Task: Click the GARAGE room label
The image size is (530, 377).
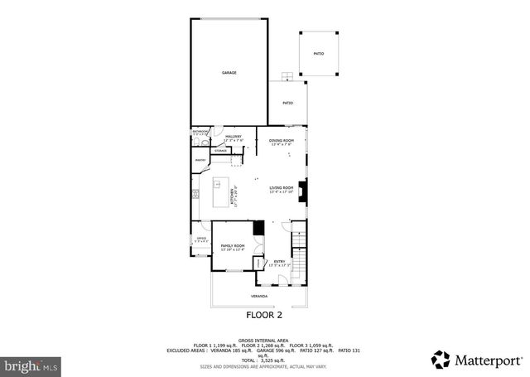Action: tap(229, 73)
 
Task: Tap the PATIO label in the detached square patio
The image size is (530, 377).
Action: tap(319, 54)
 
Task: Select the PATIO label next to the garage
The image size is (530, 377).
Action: tap(287, 104)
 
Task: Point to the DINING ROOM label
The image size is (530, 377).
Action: tap(282, 142)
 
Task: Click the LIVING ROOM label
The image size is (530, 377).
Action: tap(282, 189)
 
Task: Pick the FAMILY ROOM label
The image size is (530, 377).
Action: tap(232, 246)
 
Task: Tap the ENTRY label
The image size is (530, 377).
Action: tap(280, 262)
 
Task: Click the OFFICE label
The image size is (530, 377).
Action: tap(200, 239)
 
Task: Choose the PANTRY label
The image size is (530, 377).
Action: tap(200, 160)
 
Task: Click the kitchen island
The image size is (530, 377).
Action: tap(221, 183)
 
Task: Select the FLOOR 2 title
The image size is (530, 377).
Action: tap(264, 315)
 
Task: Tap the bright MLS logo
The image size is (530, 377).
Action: tap(31, 364)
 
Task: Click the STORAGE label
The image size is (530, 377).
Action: tap(221, 151)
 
